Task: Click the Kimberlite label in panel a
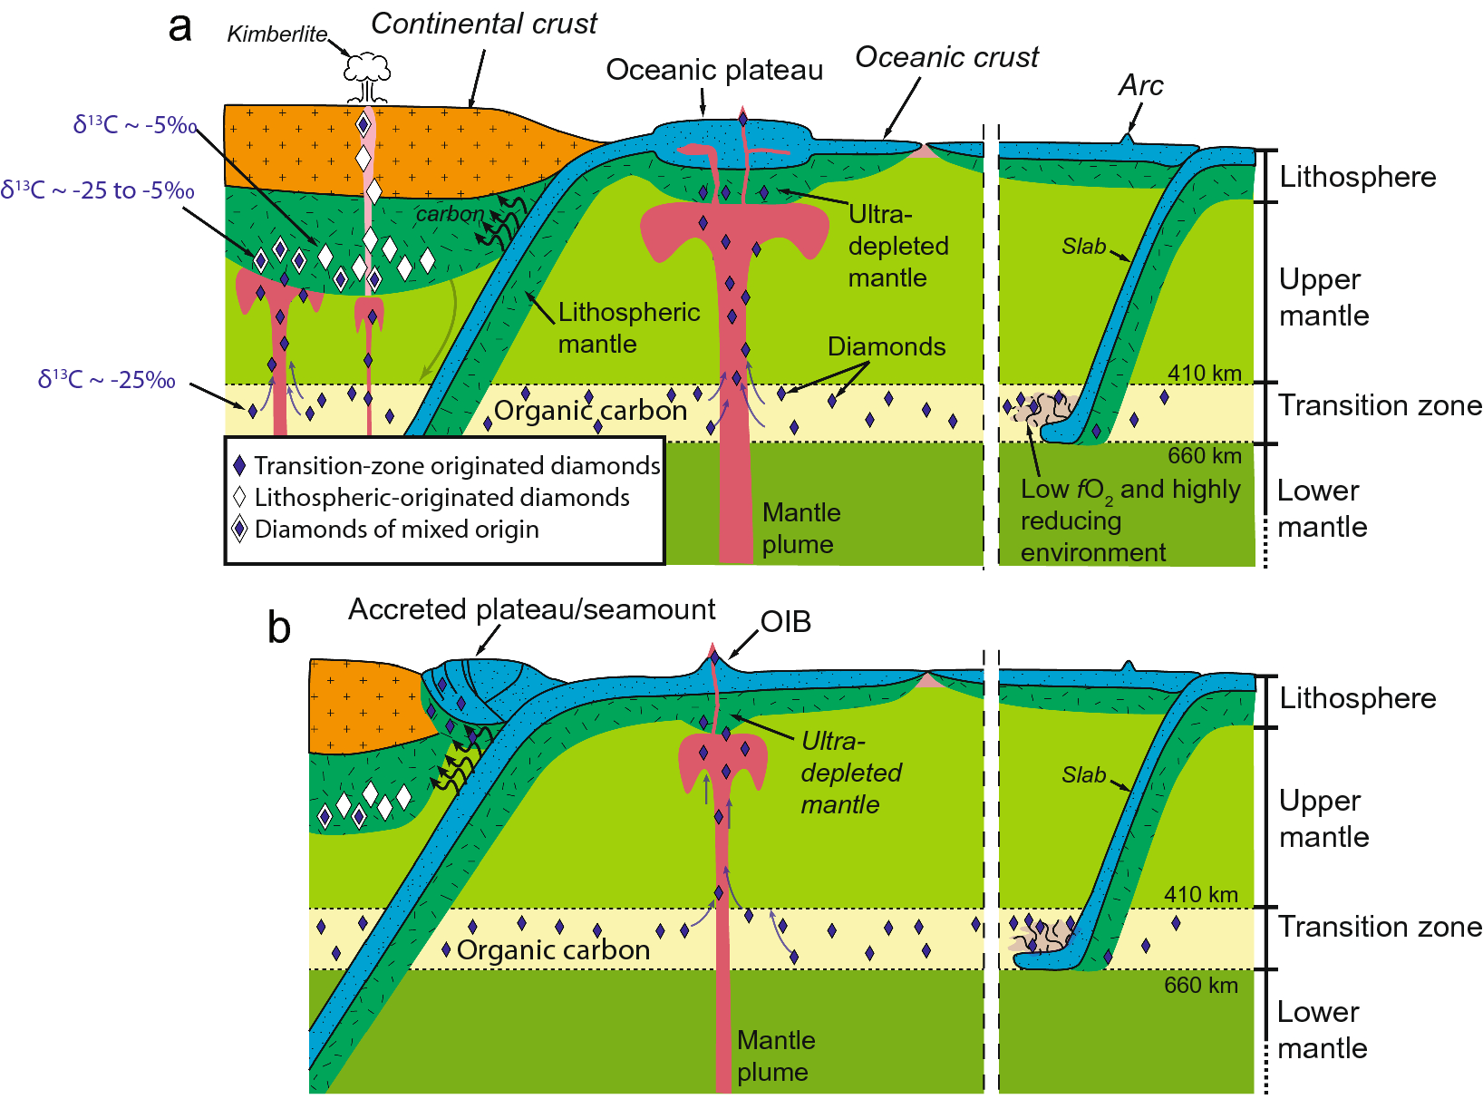(276, 34)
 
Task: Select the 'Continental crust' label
(484, 24)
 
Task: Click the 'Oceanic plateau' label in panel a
(714, 70)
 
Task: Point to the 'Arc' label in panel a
(1140, 85)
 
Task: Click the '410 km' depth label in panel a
(1204, 373)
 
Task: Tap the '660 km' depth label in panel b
(1200, 985)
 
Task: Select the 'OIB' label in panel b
(785, 622)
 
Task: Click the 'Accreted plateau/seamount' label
(531, 609)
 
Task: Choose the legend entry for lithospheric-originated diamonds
(441, 497)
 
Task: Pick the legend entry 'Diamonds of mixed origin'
(396, 529)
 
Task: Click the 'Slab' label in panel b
(1083, 775)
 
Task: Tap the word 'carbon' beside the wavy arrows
(450, 214)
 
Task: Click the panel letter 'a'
(180, 27)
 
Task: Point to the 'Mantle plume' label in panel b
(775, 1055)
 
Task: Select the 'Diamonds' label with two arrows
(886, 346)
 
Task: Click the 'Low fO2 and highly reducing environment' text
(1129, 520)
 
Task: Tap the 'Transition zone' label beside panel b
(1380, 927)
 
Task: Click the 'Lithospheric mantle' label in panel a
(628, 327)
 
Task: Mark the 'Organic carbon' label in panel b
(553, 949)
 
